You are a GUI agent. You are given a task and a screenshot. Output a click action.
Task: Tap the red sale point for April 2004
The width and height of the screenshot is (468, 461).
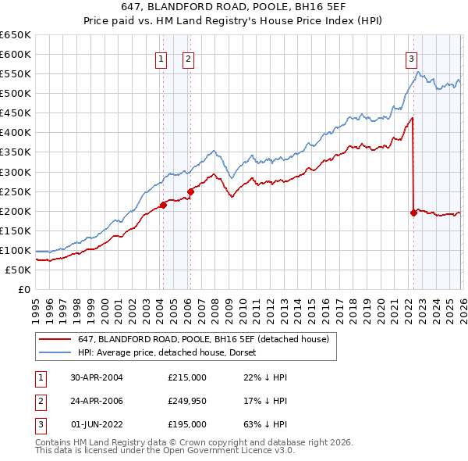163,205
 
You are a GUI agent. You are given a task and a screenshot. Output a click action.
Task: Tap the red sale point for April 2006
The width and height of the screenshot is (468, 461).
190,191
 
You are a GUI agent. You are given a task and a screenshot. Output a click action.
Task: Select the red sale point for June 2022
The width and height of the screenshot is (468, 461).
413,213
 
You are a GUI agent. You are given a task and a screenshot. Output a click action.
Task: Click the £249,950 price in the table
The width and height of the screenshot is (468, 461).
187,401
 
